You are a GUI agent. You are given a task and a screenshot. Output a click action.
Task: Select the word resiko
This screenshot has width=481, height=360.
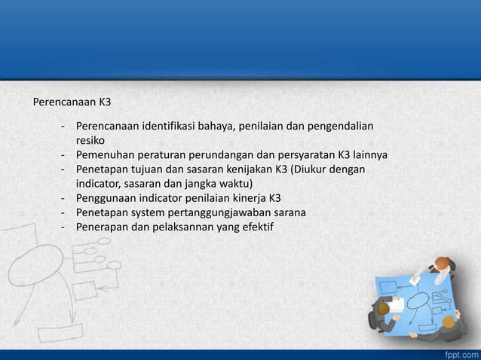pyautogui.click(x=90, y=140)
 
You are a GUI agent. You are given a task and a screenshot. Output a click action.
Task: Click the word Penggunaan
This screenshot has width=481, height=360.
pyautogui.click(x=105, y=199)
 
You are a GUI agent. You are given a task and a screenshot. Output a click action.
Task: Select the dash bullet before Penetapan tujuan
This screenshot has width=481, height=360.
pyautogui.click(x=63, y=169)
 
